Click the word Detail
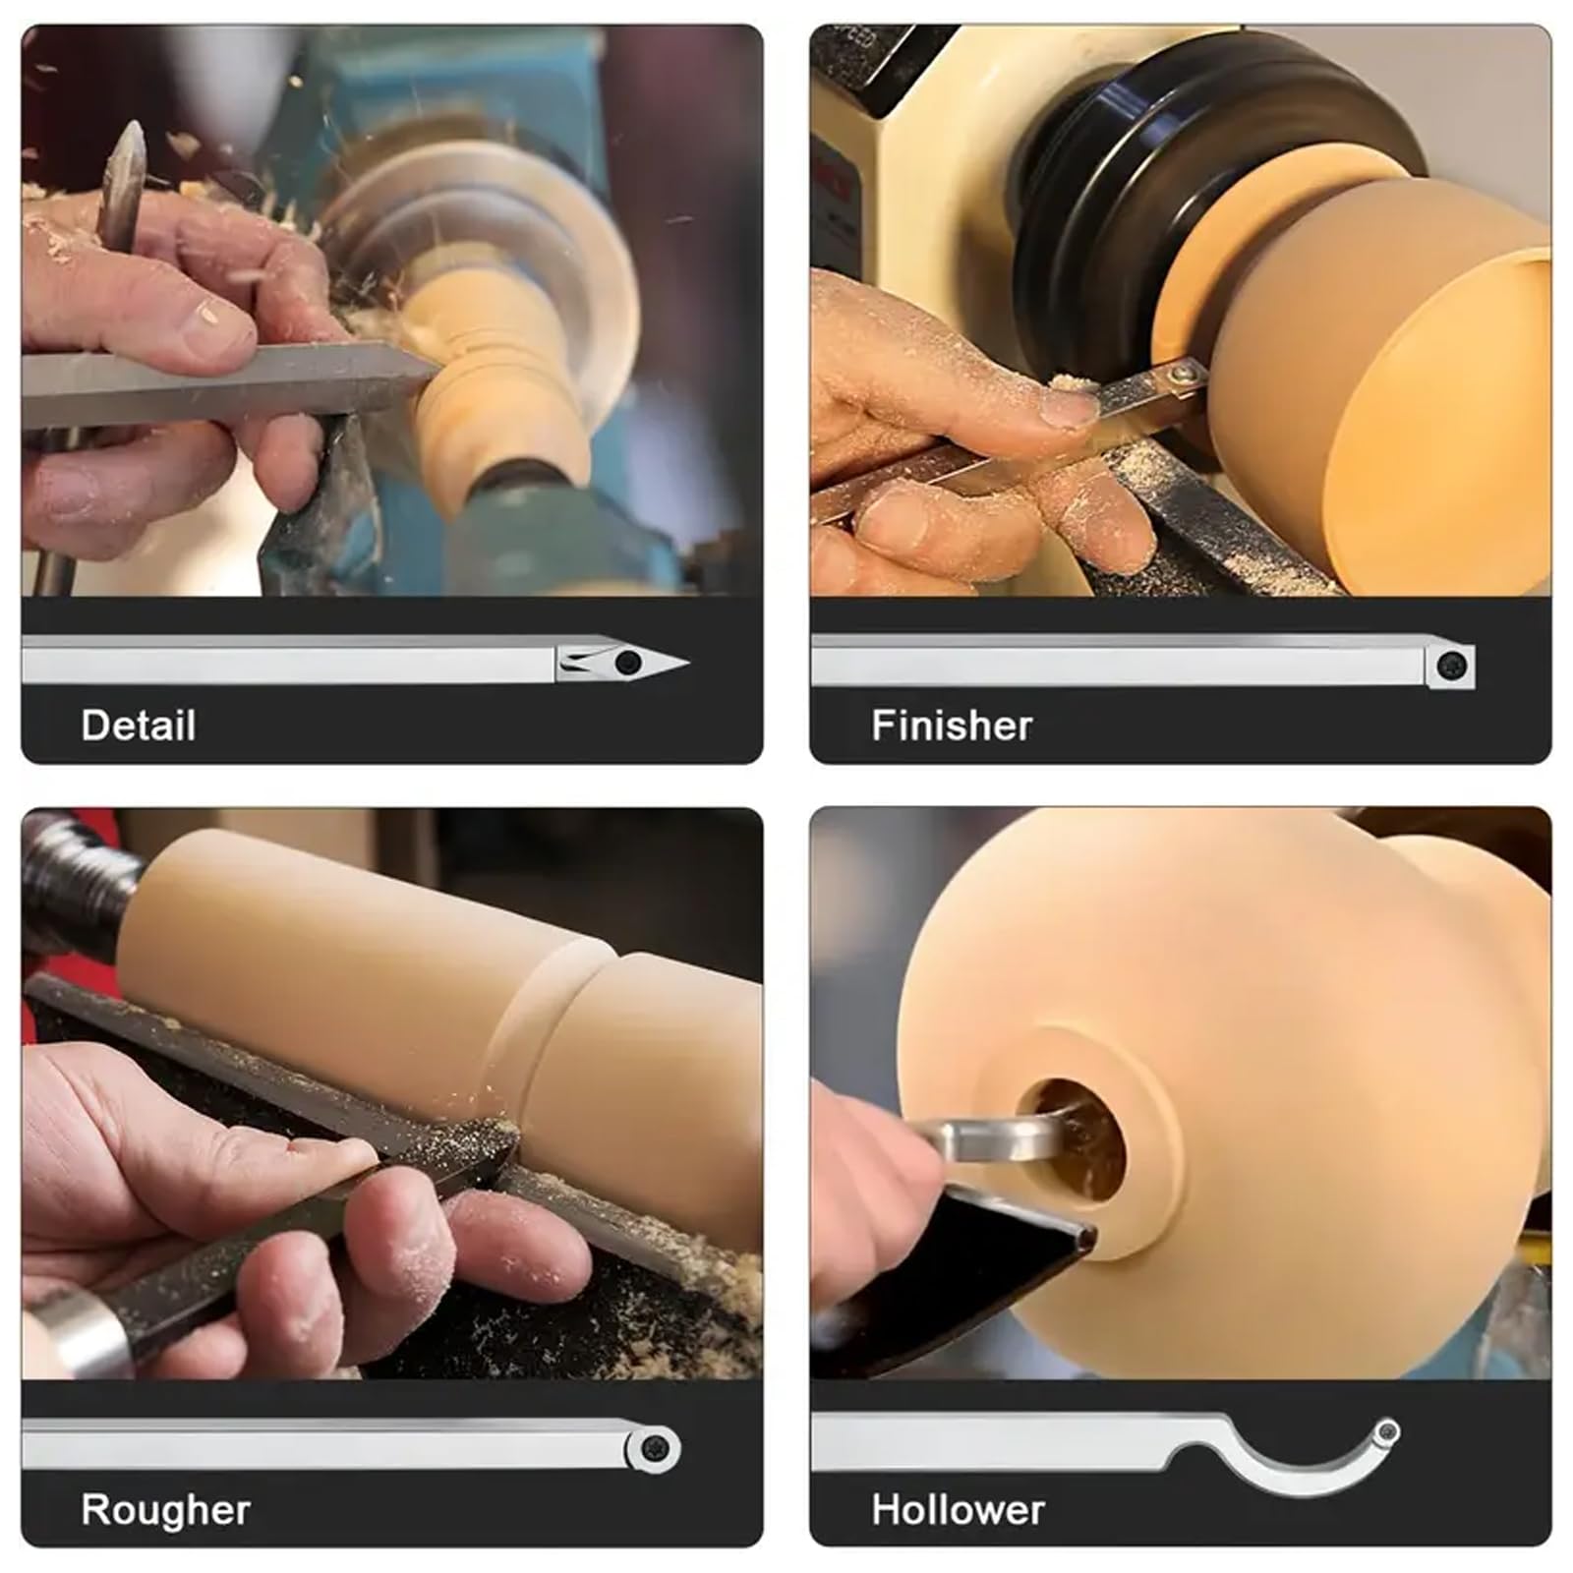click(139, 726)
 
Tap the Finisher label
click(952, 726)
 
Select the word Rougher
click(165, 1510)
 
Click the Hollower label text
click(958, 1510)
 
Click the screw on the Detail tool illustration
click(627, 663)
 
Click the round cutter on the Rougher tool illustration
click(654, 1448)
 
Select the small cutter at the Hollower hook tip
click(1387, 1430)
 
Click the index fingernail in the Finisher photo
click(1069, 406)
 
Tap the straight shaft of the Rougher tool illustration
click(324, 1445)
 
